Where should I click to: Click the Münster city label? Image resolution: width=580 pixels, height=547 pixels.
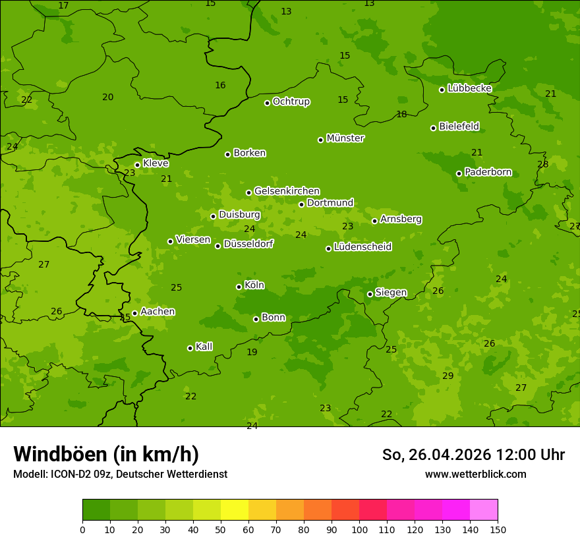[x=345, y=138]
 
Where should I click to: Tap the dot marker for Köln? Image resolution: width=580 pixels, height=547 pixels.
[x=239, y=287]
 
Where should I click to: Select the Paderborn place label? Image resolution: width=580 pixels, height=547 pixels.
[x=488, y=172]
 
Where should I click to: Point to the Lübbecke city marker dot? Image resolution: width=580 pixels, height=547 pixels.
[x=442, y=90]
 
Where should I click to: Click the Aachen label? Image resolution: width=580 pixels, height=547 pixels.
[x=158, y=312]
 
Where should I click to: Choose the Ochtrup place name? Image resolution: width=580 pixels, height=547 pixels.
[x=291, y=101]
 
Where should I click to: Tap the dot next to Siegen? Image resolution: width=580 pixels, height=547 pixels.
[x=370, y=294]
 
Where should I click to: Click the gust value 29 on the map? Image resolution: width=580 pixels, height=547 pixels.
[x=448, y=376]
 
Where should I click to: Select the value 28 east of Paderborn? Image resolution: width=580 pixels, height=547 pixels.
[x=542, y=164]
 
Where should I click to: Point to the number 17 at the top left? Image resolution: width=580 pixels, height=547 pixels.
[x=63, y=5]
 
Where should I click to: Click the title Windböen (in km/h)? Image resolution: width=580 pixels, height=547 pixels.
[x=106, y=454]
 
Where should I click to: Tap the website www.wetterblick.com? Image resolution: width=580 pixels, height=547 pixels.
[x=475, y=474]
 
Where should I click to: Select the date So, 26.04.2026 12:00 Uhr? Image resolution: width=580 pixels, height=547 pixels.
[x=473, y=455]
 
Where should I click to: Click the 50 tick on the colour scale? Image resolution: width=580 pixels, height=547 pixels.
[x=221, y=529]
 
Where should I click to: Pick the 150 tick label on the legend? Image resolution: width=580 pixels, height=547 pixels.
[x=498, y=529]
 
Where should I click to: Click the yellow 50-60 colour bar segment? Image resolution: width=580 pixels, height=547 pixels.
[x=235, y=510]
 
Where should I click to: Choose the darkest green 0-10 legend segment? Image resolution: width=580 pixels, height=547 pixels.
[x=96, y=510]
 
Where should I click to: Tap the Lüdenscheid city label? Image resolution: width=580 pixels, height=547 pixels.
[x=362, y=247]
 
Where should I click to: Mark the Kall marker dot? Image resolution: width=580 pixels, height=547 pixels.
[x=190, y=348]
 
